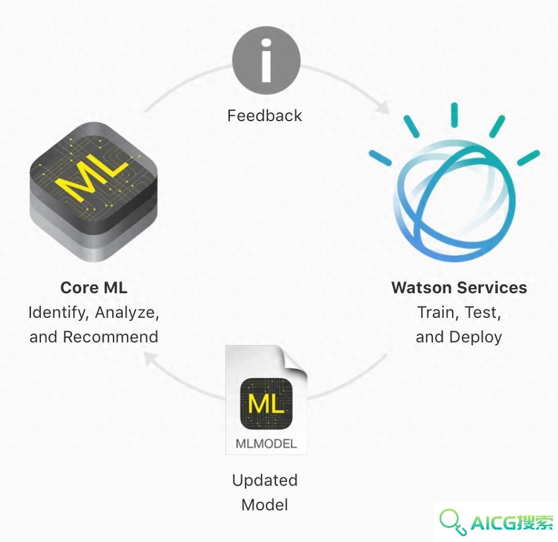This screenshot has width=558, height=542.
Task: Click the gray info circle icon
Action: click(x=266, y=60)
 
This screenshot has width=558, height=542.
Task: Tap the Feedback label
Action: click(x=265, y=116)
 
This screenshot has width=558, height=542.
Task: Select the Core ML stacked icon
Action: click(x=94, y=192)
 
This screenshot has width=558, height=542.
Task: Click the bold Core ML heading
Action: click(x=94, y=287)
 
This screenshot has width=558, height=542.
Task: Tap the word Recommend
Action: click(x=110, y=337)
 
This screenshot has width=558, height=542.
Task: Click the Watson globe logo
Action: click(x=454, y=183)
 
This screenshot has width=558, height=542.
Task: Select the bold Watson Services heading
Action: click(x=459, y=287)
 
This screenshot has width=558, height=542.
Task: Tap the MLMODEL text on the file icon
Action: click(x=266, y=444)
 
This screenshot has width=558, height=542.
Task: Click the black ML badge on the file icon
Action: click(x=267, y=404)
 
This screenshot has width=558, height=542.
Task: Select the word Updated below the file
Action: click(x=265, y=481)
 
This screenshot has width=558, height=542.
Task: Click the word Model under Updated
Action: click(x=265, y=505)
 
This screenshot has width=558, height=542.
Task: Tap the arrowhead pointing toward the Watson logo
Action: click(x=383, y=107)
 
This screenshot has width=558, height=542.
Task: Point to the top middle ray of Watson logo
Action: click(x=454, y=115)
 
